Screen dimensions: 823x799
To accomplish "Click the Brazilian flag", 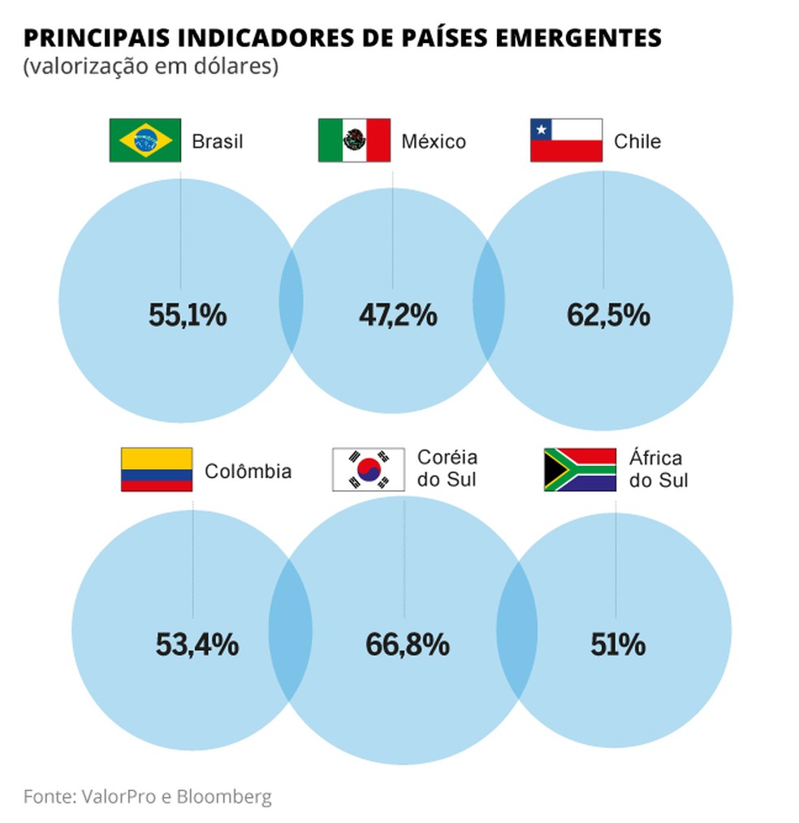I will tap(145, 140).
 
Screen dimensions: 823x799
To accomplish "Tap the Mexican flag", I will tap(354, 140).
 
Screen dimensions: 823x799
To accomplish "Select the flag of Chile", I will tap(566, 140).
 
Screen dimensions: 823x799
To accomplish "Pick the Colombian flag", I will tap(157, 469).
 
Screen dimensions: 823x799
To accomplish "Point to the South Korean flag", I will tap(368, 469).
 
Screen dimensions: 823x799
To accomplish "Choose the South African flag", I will tap(580, 469).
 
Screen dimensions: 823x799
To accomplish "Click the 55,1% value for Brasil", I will tap(188, 315).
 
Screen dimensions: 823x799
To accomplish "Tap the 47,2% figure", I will tap(398, 315).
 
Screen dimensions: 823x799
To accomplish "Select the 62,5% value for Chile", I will tap(609, 315).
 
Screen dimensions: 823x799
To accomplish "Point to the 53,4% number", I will tap(197, 644).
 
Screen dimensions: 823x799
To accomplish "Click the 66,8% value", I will tap(408, 644).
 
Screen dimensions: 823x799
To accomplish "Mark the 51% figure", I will tap(618, 644).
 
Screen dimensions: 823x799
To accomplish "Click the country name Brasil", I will tap(218, 142).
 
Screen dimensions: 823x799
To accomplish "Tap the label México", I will tap(434, 142).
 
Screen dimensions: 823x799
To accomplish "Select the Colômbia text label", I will tap(248, 472).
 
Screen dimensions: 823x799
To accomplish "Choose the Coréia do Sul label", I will tap(447, 469).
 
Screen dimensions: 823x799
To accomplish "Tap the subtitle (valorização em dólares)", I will tap(151, 67).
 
